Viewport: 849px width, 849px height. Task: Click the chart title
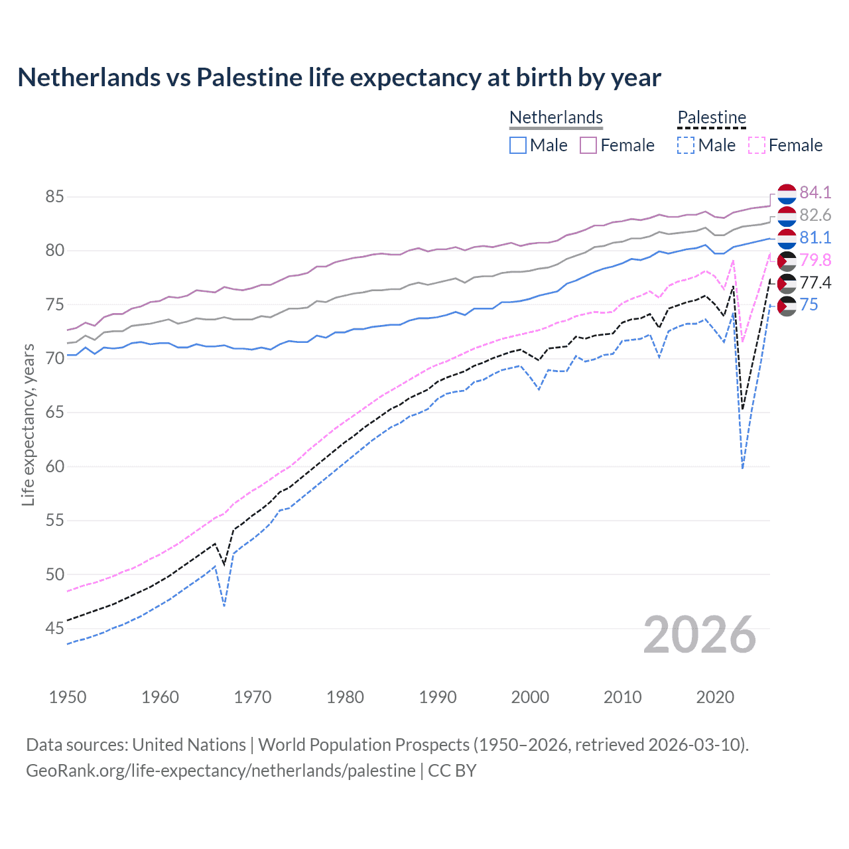[x=339, y=78]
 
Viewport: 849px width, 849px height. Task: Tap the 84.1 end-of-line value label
[x=815, y=192]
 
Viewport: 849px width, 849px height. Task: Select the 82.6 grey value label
[x=815, y=215]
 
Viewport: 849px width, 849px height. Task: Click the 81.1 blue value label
[x=815, y=237]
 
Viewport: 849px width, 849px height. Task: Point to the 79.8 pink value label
[x=815, y=260]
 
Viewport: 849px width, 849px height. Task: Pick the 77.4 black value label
[x=815, y=283]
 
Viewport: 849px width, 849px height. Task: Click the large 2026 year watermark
[x=700, y=635]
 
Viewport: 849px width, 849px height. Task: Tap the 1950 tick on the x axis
[x=68, y=697]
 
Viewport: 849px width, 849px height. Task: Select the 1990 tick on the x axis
[x=438, y=697]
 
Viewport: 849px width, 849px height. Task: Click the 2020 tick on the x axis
[x=715, y=697]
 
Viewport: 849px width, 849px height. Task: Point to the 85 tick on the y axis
[x=55, y=197]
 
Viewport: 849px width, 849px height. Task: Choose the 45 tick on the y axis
[x=55, y=628]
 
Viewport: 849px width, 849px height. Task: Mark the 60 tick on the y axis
[x=55, y=466]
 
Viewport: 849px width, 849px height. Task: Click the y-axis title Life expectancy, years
[x=28, y=424]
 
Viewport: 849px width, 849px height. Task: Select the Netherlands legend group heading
[x=556, y=117]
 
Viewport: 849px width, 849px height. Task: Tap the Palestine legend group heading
[x=712, y=117]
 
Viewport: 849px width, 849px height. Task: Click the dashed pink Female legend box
[x=757, y=145]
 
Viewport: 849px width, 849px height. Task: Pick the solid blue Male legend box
[x=518, y=145]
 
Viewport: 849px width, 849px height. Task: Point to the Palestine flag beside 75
[x=787, y=306]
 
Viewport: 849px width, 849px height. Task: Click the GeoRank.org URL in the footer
[x=221, y=771]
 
